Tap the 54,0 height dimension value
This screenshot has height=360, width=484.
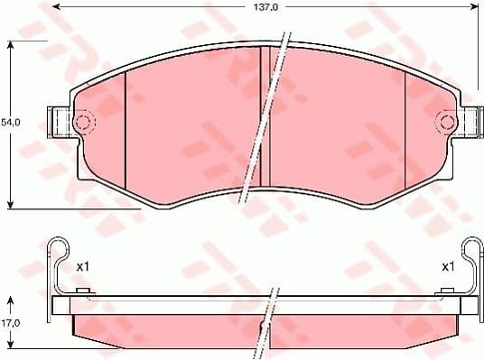[10, 120]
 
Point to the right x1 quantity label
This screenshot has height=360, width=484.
[447, 266]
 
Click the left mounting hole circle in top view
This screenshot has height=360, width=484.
[83, 123]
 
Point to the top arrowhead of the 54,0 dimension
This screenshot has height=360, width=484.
[10, 43]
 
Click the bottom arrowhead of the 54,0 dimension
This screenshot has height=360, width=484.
[10, 204]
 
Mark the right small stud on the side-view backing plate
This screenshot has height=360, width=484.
[445, 290]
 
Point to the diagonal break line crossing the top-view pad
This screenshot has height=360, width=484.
[269, 117]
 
